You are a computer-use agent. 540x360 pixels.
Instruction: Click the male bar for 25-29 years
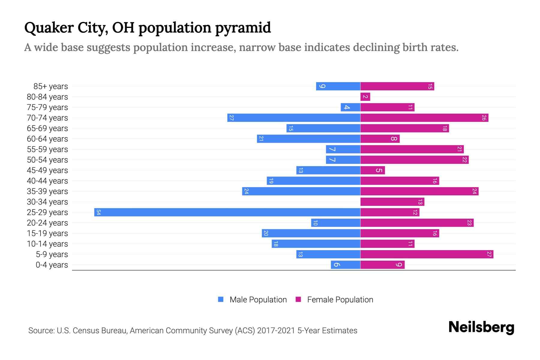coord(227,212)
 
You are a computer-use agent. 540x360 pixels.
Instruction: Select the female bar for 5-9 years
coord(427,254)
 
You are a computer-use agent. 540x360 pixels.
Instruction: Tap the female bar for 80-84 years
coord(365,97)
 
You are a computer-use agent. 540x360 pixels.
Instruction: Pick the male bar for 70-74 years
coord(294,118)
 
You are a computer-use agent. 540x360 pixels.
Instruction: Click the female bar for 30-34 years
coord(392,202)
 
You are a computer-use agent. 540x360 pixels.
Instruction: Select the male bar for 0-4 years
coord(345,265)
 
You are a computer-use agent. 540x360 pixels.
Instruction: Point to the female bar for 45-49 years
coord(372,170)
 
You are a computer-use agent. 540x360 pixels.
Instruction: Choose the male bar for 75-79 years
coord(350,107)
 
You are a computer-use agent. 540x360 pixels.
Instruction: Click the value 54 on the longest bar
coord(98,212)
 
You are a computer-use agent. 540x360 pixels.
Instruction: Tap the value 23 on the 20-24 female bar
coord(469,223)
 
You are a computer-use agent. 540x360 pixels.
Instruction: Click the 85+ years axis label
coord(50,86)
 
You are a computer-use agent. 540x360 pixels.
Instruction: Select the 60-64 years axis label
coord(47,139)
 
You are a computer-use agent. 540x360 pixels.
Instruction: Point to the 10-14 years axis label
coord(47,244)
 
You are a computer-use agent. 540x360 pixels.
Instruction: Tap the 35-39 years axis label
coord(47,191)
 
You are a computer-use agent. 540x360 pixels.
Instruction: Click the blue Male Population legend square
coord(221,299)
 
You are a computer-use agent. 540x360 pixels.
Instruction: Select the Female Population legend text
coord(340,299)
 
